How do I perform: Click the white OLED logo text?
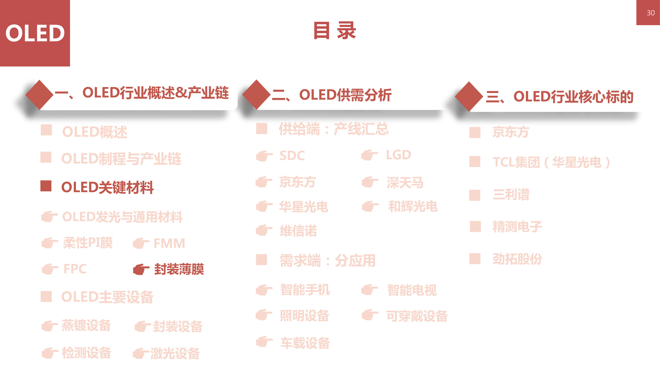(x=35, y=33)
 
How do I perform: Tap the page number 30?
(x=650, y=13)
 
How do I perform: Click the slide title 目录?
(x=334, y=31)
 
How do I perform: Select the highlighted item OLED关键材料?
(x=107, y=187)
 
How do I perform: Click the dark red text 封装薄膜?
(x=179, y=269)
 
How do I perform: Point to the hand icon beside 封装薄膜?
(x=141, y=269)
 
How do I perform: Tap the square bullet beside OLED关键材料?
(x=46, y=186)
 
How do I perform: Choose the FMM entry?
(x=169, y=243)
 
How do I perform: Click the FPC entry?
(x=75, y=269)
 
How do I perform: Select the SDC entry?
(x=292, y=156)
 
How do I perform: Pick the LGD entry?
(x=398, y=155)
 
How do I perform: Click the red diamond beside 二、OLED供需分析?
(x=256, y=94)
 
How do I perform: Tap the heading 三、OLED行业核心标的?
(x=560, y=97)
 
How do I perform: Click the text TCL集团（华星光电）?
(x=551, y=162)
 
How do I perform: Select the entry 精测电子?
(x=517, y=227)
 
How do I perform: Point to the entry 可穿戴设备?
(x=417, y=316)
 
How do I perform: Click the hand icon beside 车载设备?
(x=264, y=342)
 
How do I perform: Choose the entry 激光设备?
(x=175, y=354)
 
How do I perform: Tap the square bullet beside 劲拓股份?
(x=475, y=259)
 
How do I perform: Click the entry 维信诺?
(x=298, y=231)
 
